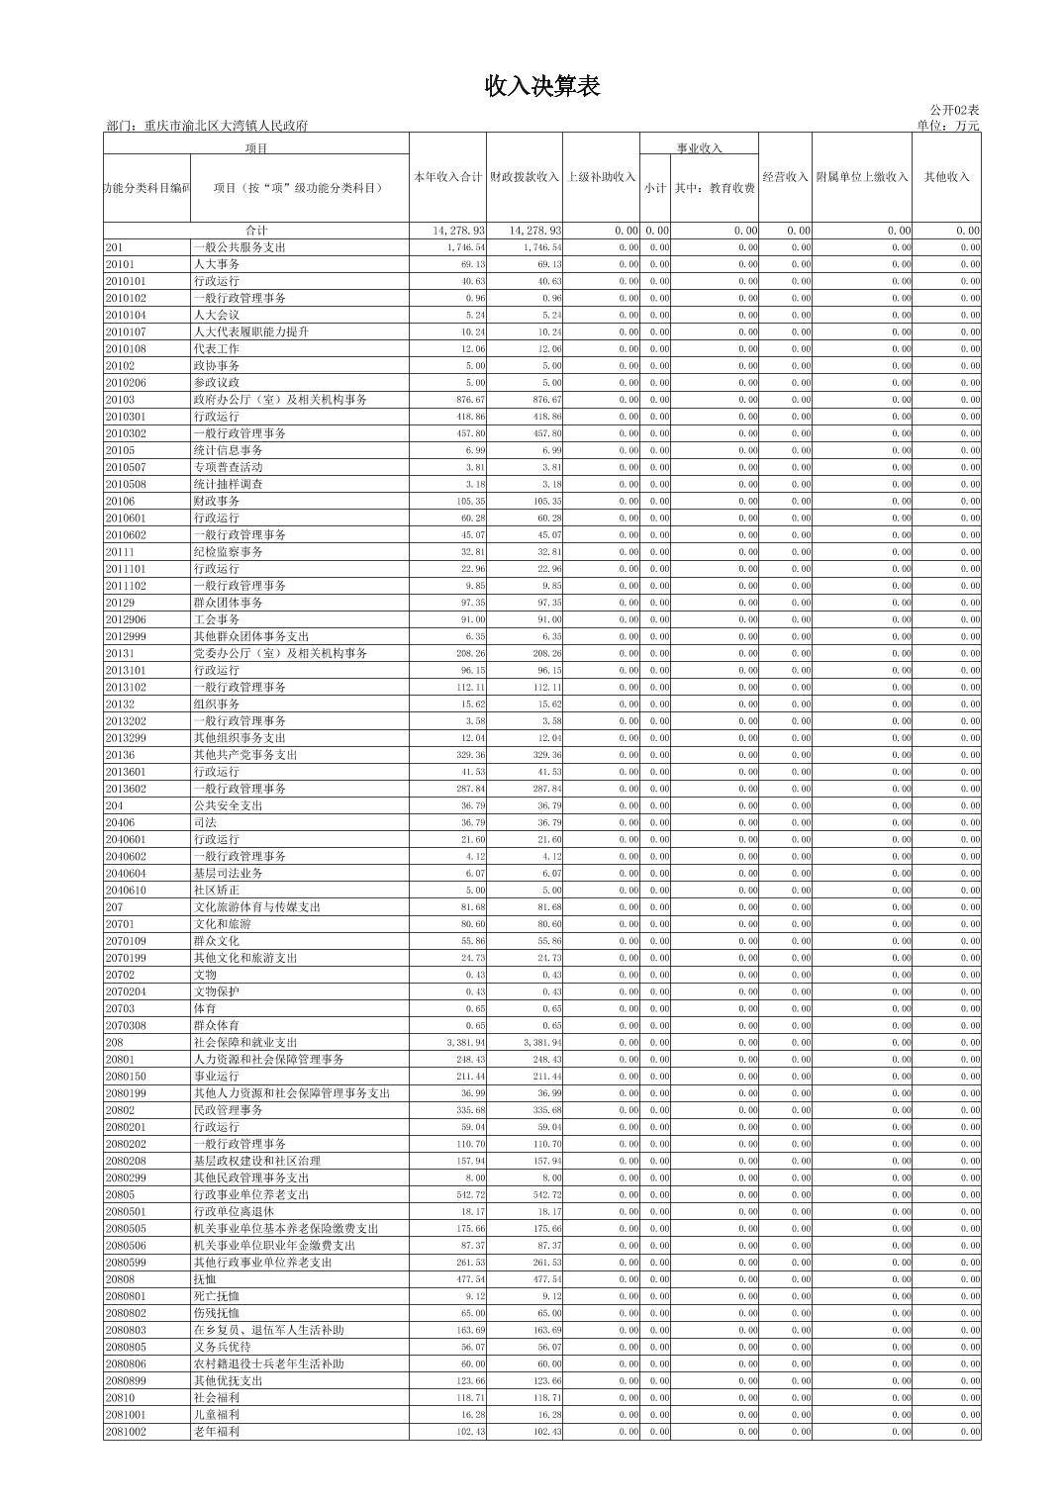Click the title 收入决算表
click(541, 87)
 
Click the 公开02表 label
click(954, 110)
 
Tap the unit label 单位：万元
click(947, 126)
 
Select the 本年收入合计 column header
click(448, 177)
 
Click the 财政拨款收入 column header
click(525, 177)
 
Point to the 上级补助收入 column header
click(601, 177)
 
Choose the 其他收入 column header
click(946, 177)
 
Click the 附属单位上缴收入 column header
click(861, 177)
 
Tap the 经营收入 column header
click(785, 177)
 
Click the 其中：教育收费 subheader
click(715, 187)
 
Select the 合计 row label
click(256, 231)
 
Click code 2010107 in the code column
click(126, 332)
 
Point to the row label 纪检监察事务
click(228, 552)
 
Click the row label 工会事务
click(217, 619)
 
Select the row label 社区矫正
click(217, 891)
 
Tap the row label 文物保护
click(217, 991)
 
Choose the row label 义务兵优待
click(223, 1347)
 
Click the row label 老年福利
click(217, 1432)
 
